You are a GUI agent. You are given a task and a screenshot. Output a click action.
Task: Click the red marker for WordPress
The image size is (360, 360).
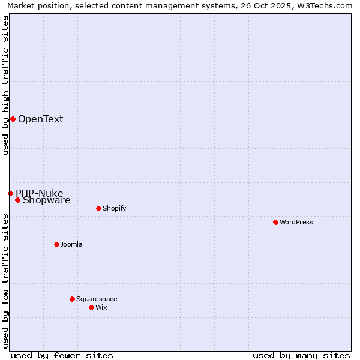[x=275, y=222]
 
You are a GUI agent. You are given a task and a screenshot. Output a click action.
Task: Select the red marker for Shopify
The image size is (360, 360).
[x=98, y=209]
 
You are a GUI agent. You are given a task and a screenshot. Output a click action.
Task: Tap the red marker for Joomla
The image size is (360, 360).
[x=56, y=244]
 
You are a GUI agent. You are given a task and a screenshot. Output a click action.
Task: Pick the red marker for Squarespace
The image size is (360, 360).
[x=72, y=299]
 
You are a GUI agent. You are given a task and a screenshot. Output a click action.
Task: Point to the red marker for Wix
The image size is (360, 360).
[x=91, y=307]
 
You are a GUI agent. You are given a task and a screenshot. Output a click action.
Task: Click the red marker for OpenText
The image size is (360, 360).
[x=13, y=119]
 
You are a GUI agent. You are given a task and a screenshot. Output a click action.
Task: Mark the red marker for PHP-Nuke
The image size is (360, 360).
[x=10, y=193]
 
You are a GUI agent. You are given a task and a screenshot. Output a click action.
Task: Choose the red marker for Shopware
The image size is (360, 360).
[x=17, y=200]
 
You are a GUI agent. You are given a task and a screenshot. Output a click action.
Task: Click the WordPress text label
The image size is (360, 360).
[x=296, y=222]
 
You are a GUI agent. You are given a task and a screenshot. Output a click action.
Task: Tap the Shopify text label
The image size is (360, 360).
[x=114, y=209]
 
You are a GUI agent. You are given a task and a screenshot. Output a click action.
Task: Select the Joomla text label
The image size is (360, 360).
[x=71, y=244]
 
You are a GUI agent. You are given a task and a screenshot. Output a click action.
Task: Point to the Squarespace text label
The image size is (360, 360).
[x=97, y=299]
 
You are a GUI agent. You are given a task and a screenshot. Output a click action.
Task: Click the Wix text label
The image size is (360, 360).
[x=101, y=307]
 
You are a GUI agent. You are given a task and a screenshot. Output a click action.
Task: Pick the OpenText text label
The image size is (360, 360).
[x=40, y=119]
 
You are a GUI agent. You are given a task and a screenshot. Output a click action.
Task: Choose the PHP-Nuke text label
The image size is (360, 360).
[x=39, y=193]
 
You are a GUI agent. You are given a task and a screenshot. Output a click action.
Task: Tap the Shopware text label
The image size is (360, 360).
[x=47, y=201]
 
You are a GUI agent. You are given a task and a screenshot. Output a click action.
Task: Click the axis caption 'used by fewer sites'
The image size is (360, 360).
[x=62, y=355]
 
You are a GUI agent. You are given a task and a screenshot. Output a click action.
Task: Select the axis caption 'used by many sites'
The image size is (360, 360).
[x=301, y=355]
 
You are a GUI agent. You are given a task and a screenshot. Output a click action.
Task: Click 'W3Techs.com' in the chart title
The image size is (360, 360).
[x=327, y=5]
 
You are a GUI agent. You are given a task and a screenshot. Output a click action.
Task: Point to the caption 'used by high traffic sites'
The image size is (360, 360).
[x=5, y=85]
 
